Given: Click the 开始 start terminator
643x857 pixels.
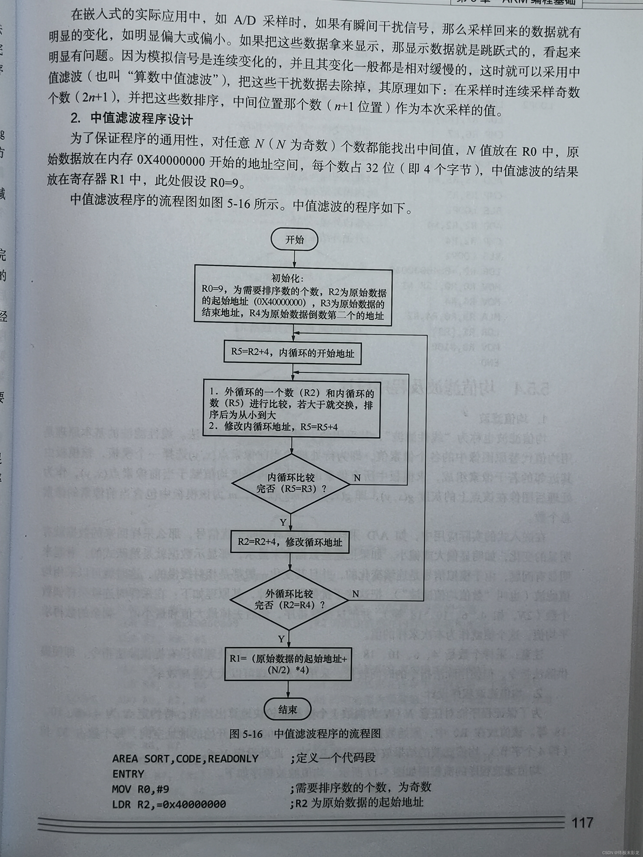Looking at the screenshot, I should (294, 240).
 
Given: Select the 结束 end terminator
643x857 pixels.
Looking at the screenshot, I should (288, 709).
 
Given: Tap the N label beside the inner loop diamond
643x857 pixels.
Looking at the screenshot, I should (357, 478).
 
